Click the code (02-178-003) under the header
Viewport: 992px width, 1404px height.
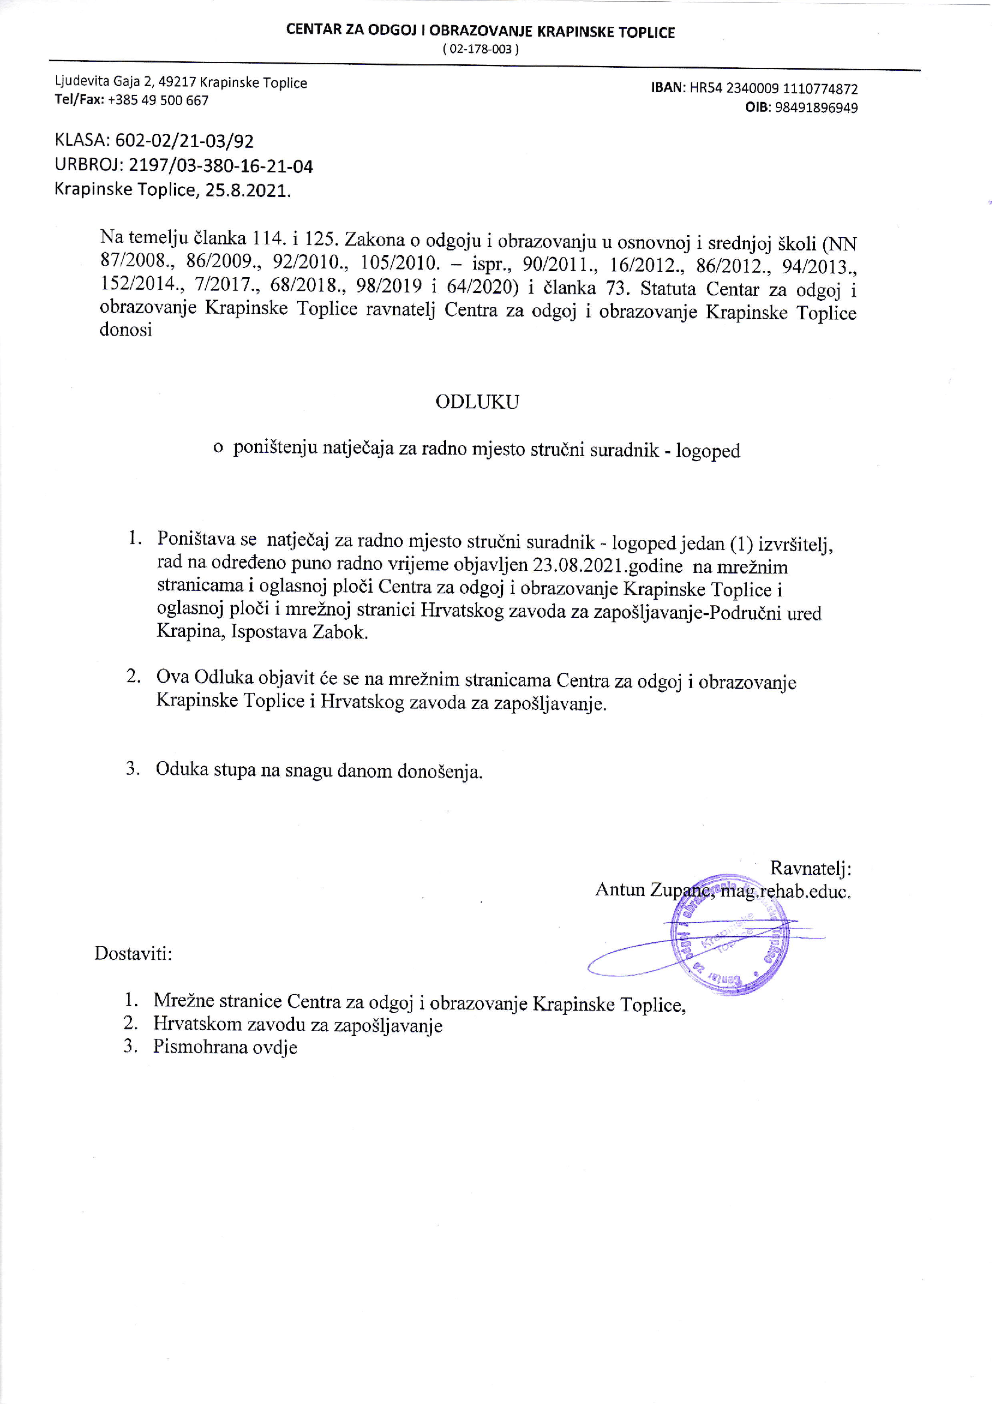point(481,49)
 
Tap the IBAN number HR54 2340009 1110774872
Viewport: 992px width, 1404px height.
point(773,89)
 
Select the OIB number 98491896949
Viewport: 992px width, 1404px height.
point(816,107)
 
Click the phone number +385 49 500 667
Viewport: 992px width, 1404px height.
point(158,100)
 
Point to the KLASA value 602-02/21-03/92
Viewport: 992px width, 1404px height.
point(184,141)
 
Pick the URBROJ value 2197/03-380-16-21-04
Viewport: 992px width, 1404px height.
point(220,166)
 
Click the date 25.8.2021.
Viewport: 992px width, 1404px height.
point(247,190)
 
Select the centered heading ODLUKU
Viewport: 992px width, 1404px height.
point(477,402)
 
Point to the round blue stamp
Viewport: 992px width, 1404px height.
point(729,934)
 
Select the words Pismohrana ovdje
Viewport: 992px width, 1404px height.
point(225,1047)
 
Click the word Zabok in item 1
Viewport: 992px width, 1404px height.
point(339,632)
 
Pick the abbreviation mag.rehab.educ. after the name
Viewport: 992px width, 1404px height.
point(786,891)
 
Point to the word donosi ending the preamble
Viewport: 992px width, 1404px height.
point(126,330)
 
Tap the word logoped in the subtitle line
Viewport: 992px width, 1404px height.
point(707,450)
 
